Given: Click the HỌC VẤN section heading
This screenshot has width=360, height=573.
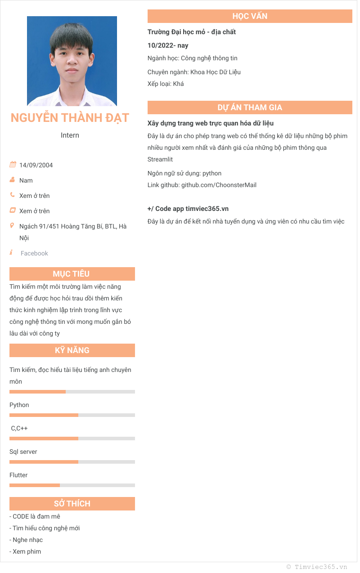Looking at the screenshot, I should (250, 16).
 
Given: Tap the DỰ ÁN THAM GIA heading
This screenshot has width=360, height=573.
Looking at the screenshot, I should (250, 107).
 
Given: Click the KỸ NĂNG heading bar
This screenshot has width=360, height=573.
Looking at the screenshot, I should (72, 350).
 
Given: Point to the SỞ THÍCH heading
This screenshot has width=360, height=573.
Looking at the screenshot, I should (72, 504).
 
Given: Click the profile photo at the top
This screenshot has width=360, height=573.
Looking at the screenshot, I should (72, 61).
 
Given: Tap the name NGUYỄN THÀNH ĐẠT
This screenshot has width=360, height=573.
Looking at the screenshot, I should (70, 118).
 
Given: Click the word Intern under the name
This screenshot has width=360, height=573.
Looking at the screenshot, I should (70, 135).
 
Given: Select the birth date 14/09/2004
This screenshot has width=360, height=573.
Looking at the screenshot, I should (36, 165).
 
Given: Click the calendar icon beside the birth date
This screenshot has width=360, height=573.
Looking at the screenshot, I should (13, 165).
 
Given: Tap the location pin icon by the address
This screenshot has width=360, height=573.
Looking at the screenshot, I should (12, 225).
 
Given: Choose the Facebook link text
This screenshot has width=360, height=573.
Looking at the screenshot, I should (34, 253).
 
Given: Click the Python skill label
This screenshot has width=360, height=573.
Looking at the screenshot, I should (19, 405).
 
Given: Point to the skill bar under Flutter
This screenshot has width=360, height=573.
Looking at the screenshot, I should (72, 485).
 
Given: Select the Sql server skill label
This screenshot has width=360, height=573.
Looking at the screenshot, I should (23, 452).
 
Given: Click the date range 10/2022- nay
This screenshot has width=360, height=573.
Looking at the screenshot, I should (168, 45).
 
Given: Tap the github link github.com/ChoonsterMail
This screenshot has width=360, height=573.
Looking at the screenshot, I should (219, 185).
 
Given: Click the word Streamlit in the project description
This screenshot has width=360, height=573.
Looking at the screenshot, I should (160, 159).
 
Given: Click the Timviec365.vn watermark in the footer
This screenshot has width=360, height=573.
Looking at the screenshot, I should (321, 567).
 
